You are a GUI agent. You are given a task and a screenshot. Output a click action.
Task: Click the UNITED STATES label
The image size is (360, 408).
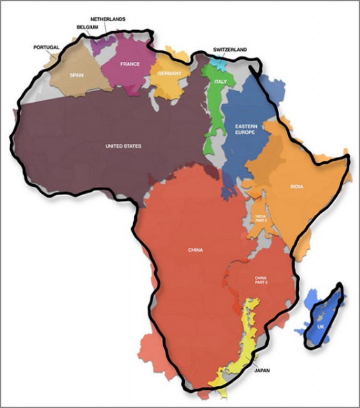[x=123, y=147]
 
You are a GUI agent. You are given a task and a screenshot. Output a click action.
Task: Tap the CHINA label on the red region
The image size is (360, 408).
[x=196, y=250]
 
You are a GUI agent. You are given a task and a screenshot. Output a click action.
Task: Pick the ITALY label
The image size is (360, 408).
[x=220, y=82]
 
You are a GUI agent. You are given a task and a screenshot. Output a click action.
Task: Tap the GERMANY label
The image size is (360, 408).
[x=169, y=74]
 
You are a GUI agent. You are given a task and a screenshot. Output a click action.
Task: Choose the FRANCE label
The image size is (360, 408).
[x=130, y=64]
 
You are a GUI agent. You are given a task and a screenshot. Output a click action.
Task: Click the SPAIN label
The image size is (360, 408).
[x=76, y=75]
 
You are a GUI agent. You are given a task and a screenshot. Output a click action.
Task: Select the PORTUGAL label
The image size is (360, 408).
[x=46, y=47]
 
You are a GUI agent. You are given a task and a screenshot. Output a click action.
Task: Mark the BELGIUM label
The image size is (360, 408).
[x=87, y=27]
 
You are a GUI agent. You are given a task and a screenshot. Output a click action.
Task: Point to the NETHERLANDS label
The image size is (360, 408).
[x=108, y=19]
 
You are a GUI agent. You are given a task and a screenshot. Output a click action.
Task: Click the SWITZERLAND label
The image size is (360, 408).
[x=231, y=49]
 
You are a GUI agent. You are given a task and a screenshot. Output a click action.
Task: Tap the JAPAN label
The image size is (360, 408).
[x=263, y=370]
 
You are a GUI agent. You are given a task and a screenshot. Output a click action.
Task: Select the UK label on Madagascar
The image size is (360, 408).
[x=320, y=327]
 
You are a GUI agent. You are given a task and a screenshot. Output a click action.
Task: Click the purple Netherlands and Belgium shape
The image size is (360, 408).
[x=102, y=45]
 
